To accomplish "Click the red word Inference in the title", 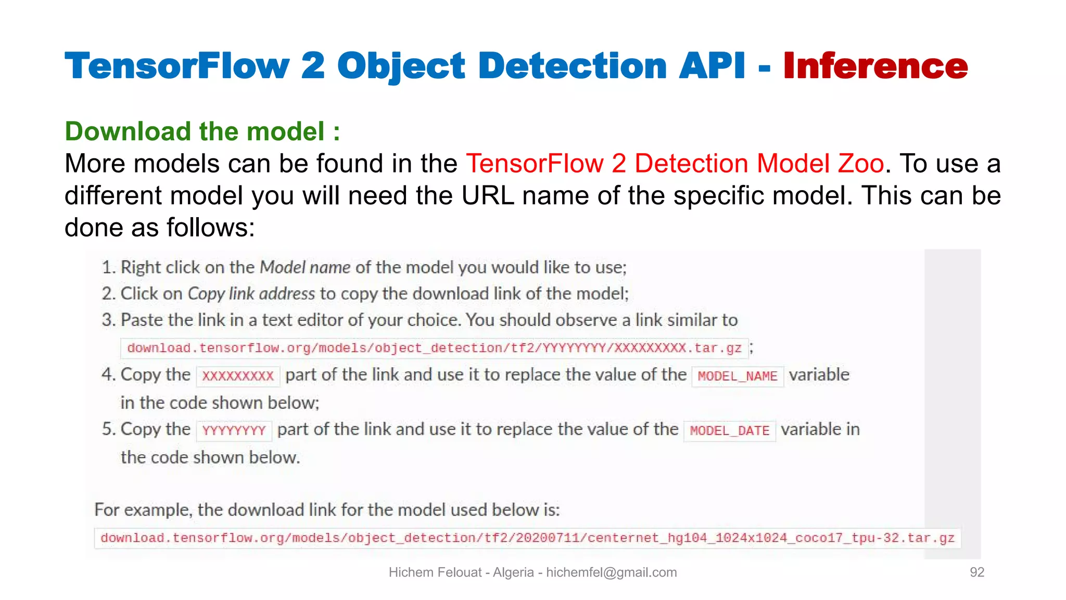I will point(875,66).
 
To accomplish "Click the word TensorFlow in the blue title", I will point(177,66).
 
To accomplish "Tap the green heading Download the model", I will point(202,131).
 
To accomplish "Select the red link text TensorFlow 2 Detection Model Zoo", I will point(675,164).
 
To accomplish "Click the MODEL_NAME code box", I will point(737,376).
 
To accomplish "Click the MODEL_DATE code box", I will point(729,431).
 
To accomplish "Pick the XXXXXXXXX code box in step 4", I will point(238,376).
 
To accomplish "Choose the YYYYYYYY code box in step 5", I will point(234,431).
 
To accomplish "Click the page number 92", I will point(976,572).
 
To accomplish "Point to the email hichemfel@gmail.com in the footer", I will point(611,572).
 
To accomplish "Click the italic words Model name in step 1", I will point(305,268).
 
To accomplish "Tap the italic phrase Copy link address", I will point(251,294).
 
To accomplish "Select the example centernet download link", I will point(527,538).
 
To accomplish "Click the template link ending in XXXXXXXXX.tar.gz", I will point(434,348).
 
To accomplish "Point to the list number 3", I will point(108,320).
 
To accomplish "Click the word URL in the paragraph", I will point(487,196).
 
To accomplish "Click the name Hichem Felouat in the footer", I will point(435,572).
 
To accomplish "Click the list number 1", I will point(108,268).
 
